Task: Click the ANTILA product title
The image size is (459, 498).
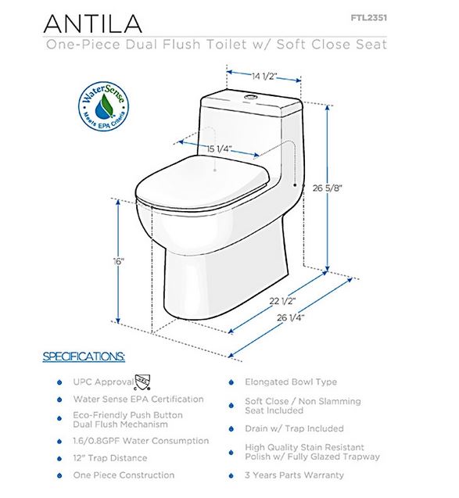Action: pos(92,23)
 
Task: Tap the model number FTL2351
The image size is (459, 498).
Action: pos(369,18)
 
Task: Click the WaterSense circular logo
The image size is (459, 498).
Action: pos(104,106)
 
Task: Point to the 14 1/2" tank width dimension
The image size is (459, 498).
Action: pos(264,77)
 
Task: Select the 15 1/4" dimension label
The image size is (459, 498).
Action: pos(219,149)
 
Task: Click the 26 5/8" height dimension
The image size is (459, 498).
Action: pos(327,188)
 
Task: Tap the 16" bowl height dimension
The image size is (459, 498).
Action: pos(119,262)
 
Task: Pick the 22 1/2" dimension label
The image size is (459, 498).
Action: pos(282,300)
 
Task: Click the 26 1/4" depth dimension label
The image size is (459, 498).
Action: pos(291,317)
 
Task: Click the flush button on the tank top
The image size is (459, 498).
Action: pos(251,96)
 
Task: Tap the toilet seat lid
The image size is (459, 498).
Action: pos(203,183)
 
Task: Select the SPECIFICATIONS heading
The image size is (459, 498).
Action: pos(84,356)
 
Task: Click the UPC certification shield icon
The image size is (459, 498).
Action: pos(142,382)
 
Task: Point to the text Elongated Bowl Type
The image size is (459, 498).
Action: pos(291,382)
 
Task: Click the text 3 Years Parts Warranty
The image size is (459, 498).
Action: pos(294,475)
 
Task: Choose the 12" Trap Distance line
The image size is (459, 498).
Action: pos(110,458)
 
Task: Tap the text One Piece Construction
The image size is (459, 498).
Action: pos(124,475)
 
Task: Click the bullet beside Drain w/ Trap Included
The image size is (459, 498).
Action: pos(231,429)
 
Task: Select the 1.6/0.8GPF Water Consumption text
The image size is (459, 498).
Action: pos(141,441)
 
